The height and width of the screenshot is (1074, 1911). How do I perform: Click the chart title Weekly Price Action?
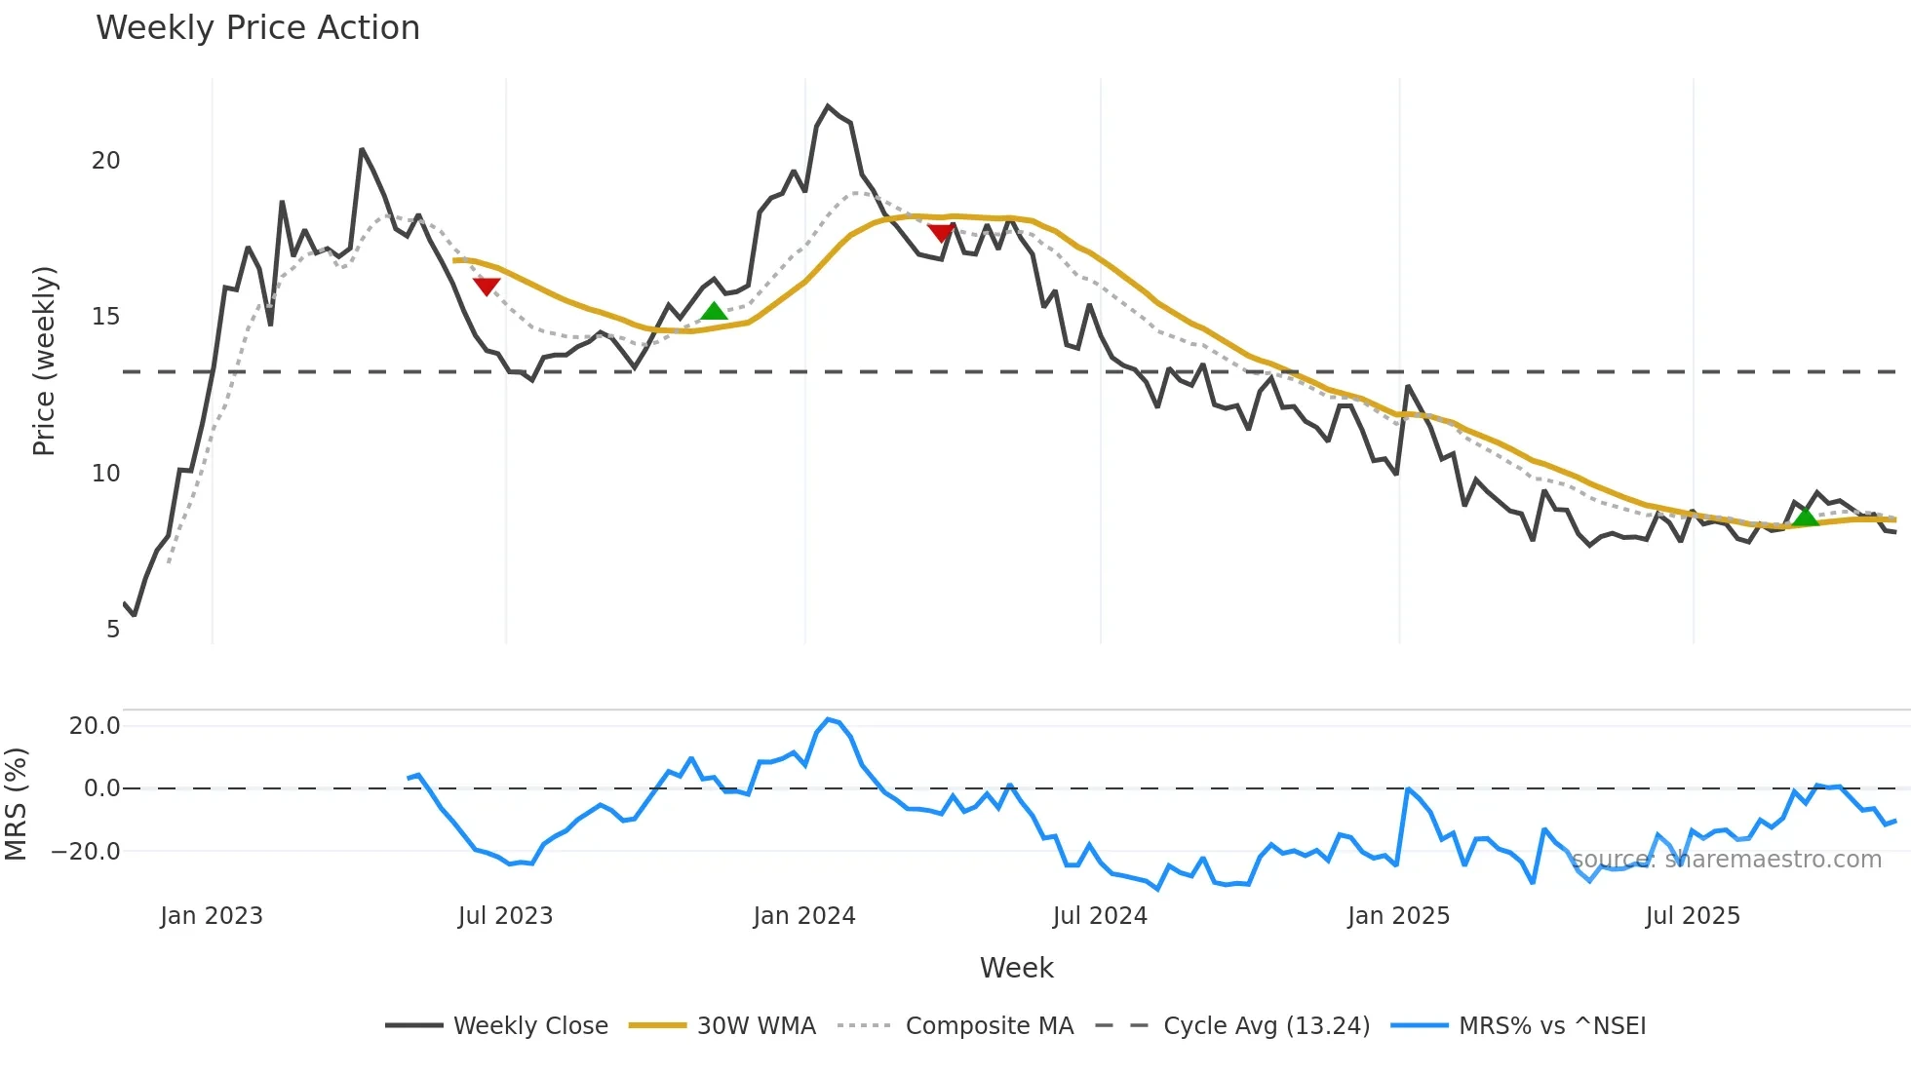click(x=257, y=28)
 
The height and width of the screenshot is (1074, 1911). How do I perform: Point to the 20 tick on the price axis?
click(x=105, y=161)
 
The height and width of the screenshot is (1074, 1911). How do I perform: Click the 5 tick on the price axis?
click(x=113, y=630)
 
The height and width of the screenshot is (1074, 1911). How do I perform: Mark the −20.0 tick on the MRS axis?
click(x=86, y=851)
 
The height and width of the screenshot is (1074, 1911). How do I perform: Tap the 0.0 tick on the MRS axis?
click(x=101, y=788)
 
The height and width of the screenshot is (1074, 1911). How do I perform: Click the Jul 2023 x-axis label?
click(x=505, y=916)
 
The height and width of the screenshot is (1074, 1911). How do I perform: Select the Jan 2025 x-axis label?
click(x=1398, y=916)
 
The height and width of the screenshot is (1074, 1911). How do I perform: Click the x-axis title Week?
click(x=1016, y=968)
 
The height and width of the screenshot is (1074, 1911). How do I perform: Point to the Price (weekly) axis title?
click(x=44, y=361)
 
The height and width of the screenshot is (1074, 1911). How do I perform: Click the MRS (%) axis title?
click(x=17, y=804)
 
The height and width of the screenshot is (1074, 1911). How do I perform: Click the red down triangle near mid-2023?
click(x=487, y=286)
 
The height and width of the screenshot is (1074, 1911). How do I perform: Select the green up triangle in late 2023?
click(x=715, y=311)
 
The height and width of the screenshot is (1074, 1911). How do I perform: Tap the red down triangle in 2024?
click(x=941, y=233)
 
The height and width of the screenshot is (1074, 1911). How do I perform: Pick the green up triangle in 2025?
click(x=1806, y=517)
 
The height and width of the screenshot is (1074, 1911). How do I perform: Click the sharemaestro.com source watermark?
click(x=1726, y=860)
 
